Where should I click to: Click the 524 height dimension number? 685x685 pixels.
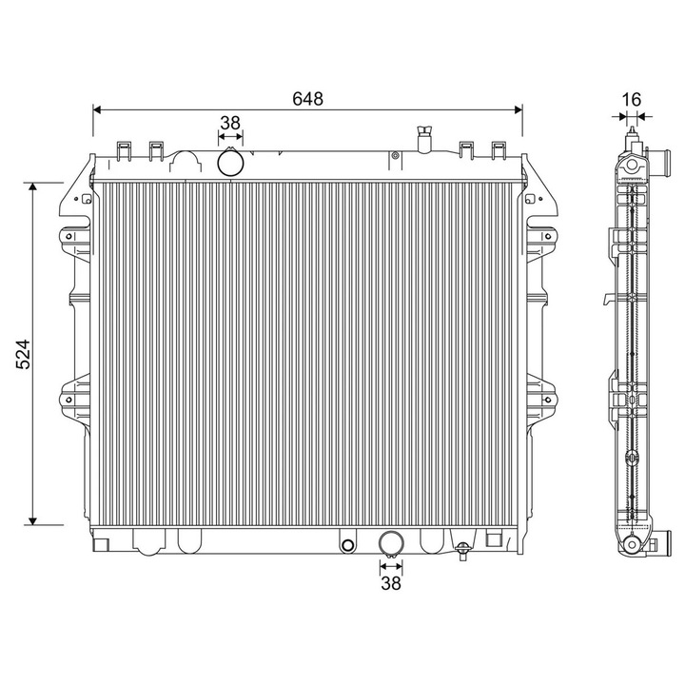tap(26, 353)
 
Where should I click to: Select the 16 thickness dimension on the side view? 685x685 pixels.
tap(631, 99)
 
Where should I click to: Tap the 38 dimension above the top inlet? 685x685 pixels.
tap(230, 123)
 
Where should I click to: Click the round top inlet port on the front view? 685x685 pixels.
tap(230, 163)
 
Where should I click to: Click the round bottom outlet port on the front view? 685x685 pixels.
tap(390, 543)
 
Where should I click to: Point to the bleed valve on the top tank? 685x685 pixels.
tap(424, 138)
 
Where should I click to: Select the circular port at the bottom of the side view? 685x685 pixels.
tap(632, 545)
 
